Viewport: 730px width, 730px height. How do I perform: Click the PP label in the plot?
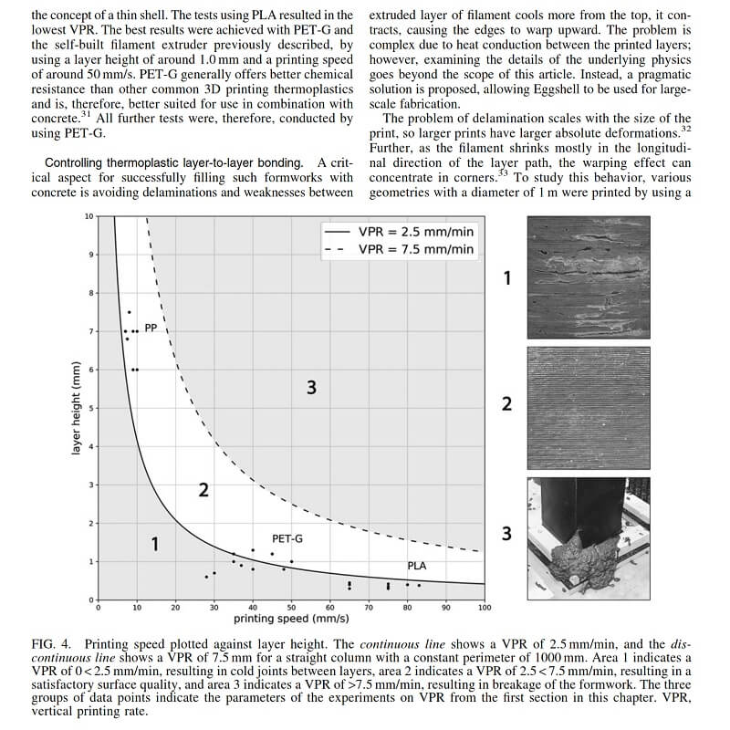[151, 325]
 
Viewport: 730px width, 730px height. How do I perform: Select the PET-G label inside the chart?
[287, 539]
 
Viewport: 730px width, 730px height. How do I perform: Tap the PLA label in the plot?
[416, 566]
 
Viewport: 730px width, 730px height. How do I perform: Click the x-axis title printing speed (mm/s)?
[291, 620]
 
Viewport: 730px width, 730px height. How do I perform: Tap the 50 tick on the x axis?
[292, 607]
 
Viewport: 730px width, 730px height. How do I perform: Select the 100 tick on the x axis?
[484, 607]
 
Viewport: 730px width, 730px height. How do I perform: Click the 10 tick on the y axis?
[88, 216]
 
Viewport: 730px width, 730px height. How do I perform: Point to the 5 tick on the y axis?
[89, 408]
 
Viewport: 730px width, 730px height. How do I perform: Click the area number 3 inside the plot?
[311, 388]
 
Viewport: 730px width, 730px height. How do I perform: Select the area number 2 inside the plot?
[203, 491]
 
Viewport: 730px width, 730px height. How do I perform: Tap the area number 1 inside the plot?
[155, 545]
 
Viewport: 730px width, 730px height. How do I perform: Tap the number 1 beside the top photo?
[507, 276]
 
